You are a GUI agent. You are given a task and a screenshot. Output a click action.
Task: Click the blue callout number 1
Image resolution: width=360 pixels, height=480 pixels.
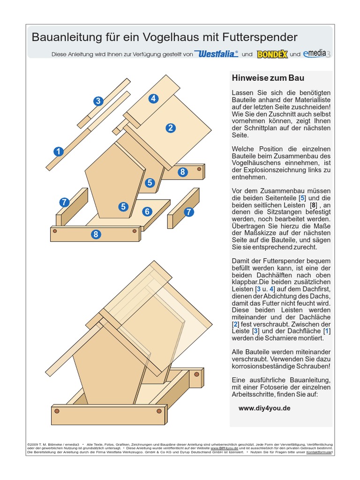click(58, 151)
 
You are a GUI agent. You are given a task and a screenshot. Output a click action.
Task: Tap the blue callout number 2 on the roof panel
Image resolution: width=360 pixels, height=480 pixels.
click(170, 127)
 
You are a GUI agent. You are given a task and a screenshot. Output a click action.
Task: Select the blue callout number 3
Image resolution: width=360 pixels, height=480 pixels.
click(98, 101)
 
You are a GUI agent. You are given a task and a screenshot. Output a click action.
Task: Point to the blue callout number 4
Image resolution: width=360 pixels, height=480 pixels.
click(153, 98)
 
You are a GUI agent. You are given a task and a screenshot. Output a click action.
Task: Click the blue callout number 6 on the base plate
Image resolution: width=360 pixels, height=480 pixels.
click(147, 211)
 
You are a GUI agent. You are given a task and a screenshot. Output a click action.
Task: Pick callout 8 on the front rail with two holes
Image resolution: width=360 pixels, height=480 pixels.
click(96, 234)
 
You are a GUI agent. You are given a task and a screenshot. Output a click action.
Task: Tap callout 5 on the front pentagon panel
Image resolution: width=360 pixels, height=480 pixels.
click(123, 206)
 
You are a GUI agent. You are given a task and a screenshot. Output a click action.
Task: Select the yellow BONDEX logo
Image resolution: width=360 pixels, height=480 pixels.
click(272, 54)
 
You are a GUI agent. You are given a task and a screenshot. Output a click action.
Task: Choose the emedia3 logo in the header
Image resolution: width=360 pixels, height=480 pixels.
click(316, 53)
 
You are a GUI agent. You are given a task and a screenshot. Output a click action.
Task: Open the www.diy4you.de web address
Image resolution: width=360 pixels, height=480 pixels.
click(264, 408)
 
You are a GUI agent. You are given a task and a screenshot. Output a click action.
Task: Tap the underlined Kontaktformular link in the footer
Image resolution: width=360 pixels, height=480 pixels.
click(319, 452)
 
